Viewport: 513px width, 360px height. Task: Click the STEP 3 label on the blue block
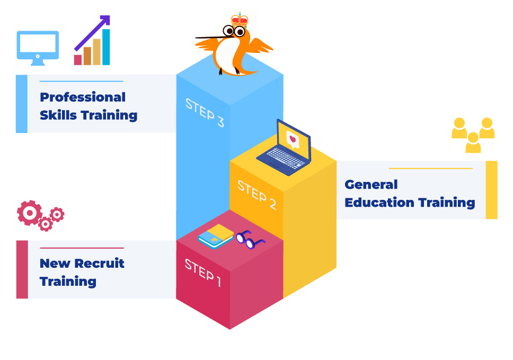pos(205,112)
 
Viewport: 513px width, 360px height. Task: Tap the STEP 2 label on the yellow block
pos(257,195)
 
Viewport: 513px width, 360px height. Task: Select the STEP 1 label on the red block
pos(202,272)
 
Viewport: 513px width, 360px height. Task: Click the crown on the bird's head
pos(240,20)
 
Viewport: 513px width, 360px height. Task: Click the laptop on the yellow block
pos(284,149)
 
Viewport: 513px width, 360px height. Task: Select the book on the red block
pos(216,236)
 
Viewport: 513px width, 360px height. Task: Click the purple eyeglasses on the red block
pos(250,240)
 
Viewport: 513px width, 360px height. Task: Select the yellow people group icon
pos(473,135)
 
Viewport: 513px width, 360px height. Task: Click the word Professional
pos(83,97)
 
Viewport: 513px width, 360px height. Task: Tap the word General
pos(371,185)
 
